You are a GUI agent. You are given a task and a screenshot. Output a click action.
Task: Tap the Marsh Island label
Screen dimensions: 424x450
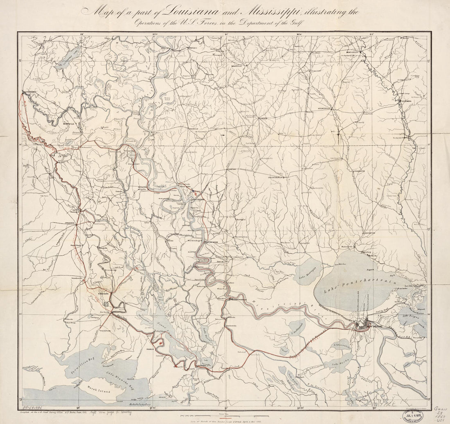tap(97, 386)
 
